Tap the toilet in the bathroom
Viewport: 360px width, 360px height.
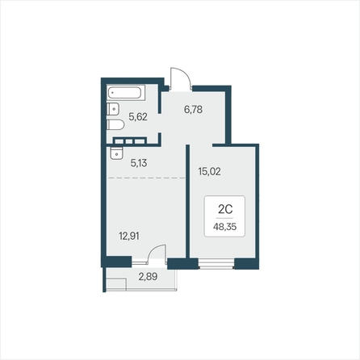point(115,125)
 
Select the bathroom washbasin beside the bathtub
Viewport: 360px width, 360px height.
point(113,109)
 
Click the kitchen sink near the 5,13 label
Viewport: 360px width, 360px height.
point(116,153)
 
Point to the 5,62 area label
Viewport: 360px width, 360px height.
point(138,117)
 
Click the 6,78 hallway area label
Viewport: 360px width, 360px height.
point(193,110)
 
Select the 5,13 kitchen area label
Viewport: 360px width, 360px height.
point(139,163)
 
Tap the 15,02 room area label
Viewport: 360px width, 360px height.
point(209,171)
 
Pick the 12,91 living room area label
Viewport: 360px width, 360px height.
point(129,236)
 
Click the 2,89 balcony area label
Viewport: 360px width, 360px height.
point(148,276)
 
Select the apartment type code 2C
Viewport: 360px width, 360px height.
point(225,209)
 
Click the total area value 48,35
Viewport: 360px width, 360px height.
point(225,227)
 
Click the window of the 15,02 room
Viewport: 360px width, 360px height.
point(216,264)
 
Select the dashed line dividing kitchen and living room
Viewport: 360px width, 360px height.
point(147,178)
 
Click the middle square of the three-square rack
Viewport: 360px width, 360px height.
point(129,141)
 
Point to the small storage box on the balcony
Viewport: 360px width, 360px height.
point(116,285)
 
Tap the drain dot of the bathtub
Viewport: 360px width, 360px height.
point(112,93)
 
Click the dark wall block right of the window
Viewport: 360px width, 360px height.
point(246,264)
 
